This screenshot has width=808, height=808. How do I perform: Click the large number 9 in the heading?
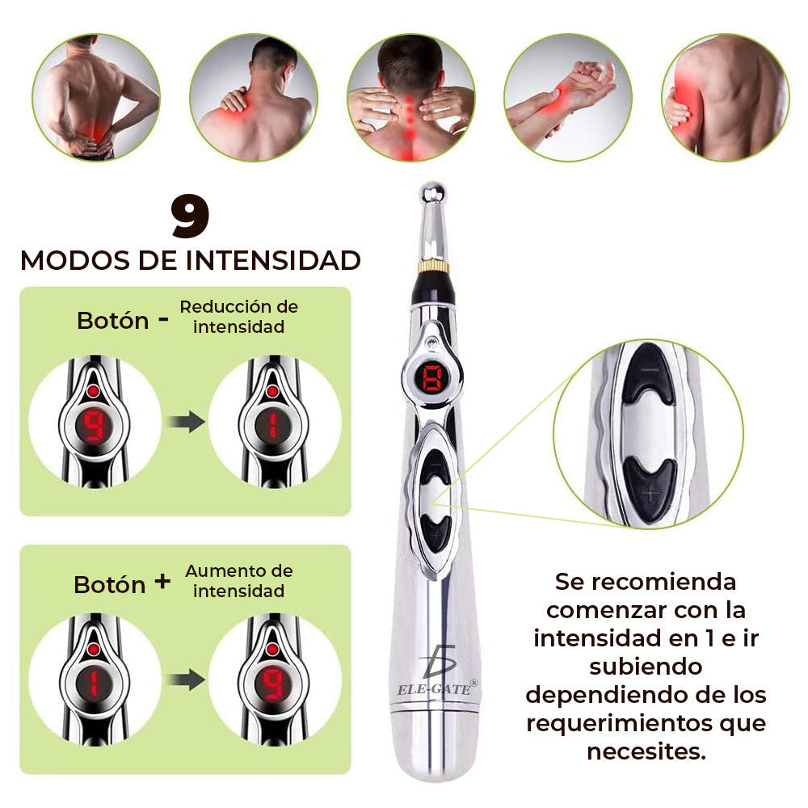point(190,217)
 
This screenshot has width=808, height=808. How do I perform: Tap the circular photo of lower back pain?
point(95,97)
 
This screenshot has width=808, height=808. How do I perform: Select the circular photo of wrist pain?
point(567,97)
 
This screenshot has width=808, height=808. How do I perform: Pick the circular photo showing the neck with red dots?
point(410,97)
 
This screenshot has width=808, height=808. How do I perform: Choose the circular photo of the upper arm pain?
point(725,97)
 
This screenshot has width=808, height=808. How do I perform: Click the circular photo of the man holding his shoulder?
point(253,97)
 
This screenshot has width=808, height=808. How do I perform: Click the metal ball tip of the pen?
point(434,195)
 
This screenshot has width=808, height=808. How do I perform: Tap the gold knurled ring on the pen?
point(434,266)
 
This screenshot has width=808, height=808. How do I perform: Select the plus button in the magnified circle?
point(649,485)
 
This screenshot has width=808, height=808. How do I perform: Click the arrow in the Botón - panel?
point(185,423)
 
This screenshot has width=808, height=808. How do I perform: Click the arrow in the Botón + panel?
point(185,680)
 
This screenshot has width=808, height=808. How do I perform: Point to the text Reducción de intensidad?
point(238,317)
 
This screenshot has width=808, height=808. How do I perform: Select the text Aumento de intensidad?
point(238,581)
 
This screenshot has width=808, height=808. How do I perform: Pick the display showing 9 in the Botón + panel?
point(274,682)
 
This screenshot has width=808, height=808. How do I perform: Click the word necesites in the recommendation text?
point(646,751)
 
